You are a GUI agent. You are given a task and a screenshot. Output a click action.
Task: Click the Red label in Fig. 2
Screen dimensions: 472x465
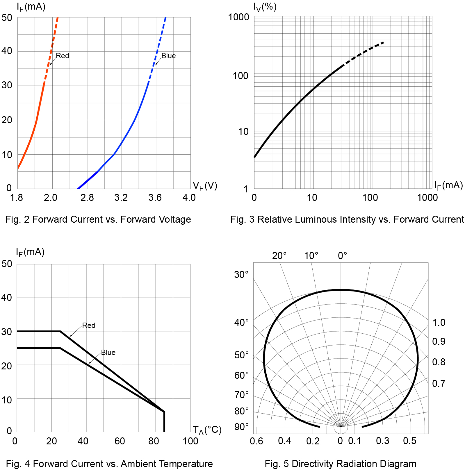pos(62,56)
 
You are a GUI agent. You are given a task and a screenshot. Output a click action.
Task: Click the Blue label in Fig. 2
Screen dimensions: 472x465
pos(168,56)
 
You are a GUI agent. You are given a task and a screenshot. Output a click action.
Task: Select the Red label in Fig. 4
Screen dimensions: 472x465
pos(89,325)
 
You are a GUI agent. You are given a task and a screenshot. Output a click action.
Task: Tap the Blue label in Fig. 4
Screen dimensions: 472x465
pos(108,352)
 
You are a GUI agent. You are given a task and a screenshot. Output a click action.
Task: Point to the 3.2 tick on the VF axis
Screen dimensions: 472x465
pos(121,198)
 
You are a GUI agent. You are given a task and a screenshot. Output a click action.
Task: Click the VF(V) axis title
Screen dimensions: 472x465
pos(205,186)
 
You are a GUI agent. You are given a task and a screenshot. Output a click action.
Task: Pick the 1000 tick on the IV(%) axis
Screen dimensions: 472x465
pos(238,17)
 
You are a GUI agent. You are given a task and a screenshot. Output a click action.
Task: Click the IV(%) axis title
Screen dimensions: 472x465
pos(265,6)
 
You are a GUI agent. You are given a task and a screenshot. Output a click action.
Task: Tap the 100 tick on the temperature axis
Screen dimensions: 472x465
pos(190,441)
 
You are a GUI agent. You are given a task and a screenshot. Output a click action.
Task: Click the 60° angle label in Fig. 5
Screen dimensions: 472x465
pos(241,375)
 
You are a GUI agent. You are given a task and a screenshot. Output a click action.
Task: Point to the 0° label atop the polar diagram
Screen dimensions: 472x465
pos(342,255)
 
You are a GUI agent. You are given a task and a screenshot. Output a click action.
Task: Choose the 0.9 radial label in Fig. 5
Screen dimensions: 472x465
pos(439,341)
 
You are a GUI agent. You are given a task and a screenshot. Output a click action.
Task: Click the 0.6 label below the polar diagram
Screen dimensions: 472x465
pos(256,441)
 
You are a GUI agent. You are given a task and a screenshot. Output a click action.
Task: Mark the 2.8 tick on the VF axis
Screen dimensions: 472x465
pos(87,198)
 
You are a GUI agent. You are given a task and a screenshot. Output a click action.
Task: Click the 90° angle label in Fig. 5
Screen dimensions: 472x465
pos(241,427)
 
